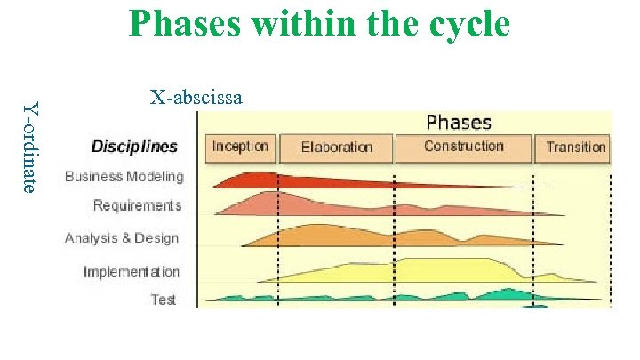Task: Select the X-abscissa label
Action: pos(196,97)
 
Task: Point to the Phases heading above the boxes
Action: pos(459,122)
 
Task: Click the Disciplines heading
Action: pos(134,147)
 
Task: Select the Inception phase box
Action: pos(240,147)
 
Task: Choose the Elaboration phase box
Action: pos(336,148)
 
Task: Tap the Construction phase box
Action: pos(462,147)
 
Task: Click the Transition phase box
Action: pos(575,148)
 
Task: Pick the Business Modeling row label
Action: pos(124,176)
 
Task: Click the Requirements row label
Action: pos(137,205)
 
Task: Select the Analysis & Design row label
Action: pos(122,238)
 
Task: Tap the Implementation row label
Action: pos(132,272)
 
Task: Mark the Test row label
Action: pos(163,300)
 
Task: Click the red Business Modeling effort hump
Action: pos(258,180)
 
